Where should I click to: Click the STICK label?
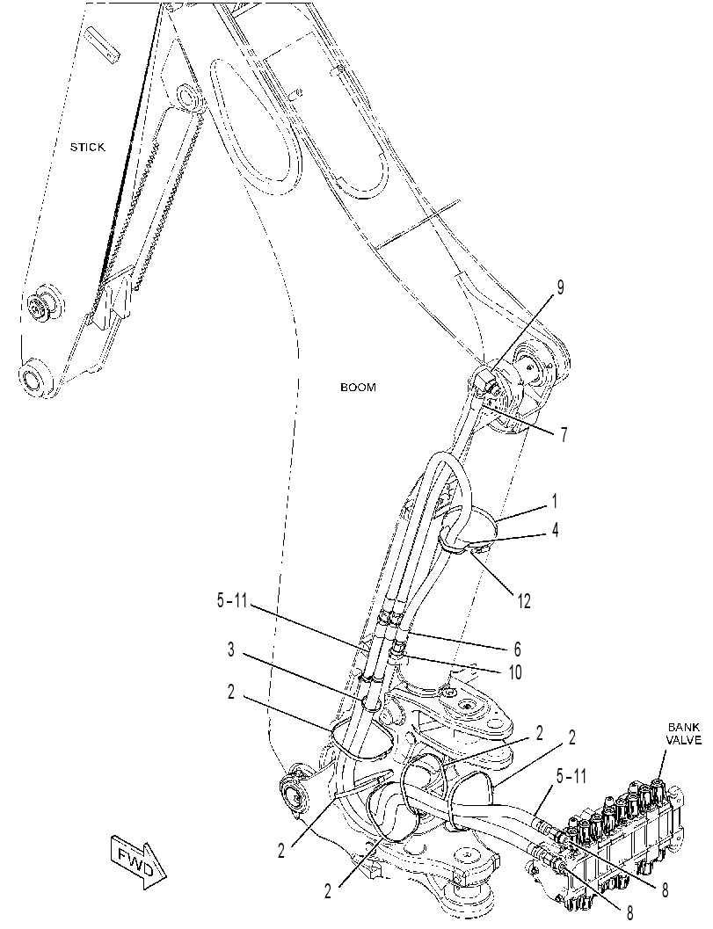click(87, 147)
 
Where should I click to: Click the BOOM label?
click(358, 388)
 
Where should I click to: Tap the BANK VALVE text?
click(683, 734)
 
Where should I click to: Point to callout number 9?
click(559, 288)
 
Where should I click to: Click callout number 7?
click(563, 435)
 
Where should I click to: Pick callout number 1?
click(554, 502)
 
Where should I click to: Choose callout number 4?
click(555, 529)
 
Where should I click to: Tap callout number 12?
click(523, 601)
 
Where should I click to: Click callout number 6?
click(518, 650)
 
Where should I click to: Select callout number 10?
click(515, 672)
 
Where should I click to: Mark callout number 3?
click(231, 650)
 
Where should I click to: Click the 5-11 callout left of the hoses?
click(231, 601)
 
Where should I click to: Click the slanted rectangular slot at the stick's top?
click(103, 43)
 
